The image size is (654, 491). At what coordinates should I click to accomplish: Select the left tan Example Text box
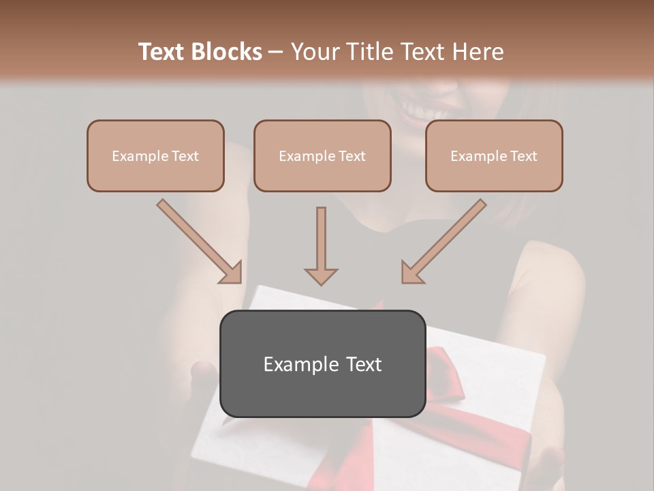pyautogui.click(x=155, y=155)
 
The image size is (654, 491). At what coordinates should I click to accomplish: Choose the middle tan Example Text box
pyautogui.click(x=322, y=155)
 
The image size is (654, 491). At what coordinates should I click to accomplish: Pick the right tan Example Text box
pyautogui.click(x=494, y=155)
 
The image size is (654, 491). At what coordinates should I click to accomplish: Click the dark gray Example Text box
pyautogui.click(x=322, y=363)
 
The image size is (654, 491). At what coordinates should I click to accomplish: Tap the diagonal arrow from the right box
pyautogui.click(x=444, y=241)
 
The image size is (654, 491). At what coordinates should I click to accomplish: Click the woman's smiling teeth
pyautogui.click(x=418, y=108)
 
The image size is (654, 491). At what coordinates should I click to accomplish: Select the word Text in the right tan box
pyautogui.click(x=523, y=156)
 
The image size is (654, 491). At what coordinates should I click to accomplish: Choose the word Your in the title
pyautogui.click(x=314, y=52)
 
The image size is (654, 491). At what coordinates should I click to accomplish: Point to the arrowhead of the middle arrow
pyautogui.click(x=321, y=276)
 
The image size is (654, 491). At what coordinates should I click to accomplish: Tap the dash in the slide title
pyautogui.click(x=276, y=53)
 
